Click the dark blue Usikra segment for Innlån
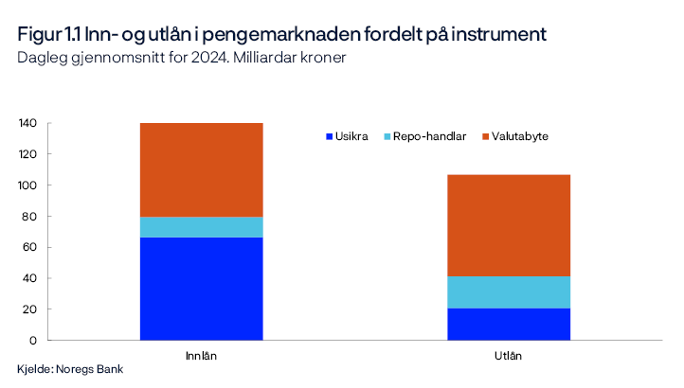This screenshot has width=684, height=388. pos(201,289)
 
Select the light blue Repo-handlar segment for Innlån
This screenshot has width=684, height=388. pos(201,227)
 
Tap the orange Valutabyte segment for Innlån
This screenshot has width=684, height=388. pos(201,170)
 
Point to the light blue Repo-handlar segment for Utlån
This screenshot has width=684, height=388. pos(509,292)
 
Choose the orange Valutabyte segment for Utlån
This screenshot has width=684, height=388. pos(509,225)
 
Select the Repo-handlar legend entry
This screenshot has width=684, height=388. pos(423,136)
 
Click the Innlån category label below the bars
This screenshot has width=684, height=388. pos(201,356)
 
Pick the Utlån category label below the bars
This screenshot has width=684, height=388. pos(509,356)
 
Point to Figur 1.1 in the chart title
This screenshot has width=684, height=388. pos(48,34)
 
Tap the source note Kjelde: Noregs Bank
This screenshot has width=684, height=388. pos(70,369)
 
